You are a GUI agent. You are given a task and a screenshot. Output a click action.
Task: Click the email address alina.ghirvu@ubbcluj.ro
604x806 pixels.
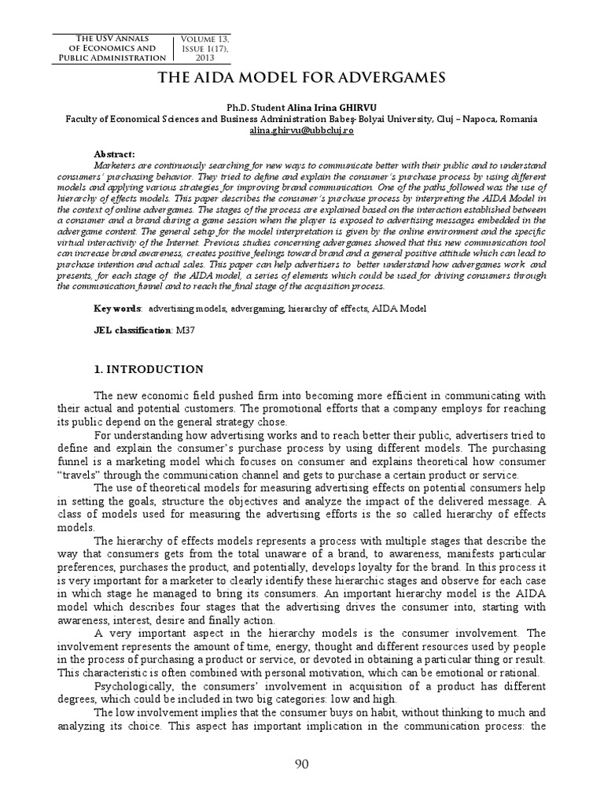coord(301,130)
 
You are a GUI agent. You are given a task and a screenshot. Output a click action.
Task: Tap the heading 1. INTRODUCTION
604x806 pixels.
coord(149,369)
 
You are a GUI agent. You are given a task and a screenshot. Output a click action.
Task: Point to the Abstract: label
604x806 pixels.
coord(115,155)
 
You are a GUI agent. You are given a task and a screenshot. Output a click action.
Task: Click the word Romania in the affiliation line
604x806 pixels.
coord(516,119)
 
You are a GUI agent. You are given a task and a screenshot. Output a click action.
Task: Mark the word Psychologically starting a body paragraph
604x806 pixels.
coord(130,686)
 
